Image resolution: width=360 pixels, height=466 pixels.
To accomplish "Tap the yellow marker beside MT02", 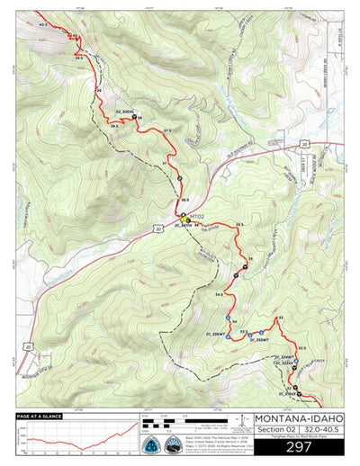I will (x=184, y=217).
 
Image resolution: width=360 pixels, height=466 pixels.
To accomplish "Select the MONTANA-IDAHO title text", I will (x=298, y=418).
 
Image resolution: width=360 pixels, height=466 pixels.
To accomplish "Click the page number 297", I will (x=298, y=446).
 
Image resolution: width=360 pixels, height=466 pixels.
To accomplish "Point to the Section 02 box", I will (x=274, y=431).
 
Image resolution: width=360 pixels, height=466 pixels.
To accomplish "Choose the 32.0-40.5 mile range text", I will (x=322, y=431).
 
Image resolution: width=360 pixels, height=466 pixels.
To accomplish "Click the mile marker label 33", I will (x=281, y=318).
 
